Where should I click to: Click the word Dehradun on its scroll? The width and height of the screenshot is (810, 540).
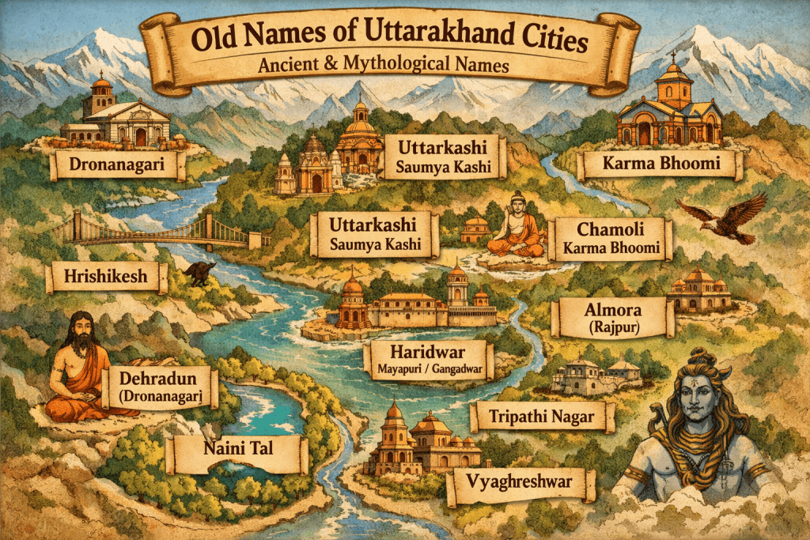[155, 376]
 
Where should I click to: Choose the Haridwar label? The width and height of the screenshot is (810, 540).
[428, 352]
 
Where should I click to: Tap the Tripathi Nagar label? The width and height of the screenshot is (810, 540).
[542, 416]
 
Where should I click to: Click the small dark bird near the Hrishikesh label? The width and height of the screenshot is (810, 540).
[198, 274]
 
